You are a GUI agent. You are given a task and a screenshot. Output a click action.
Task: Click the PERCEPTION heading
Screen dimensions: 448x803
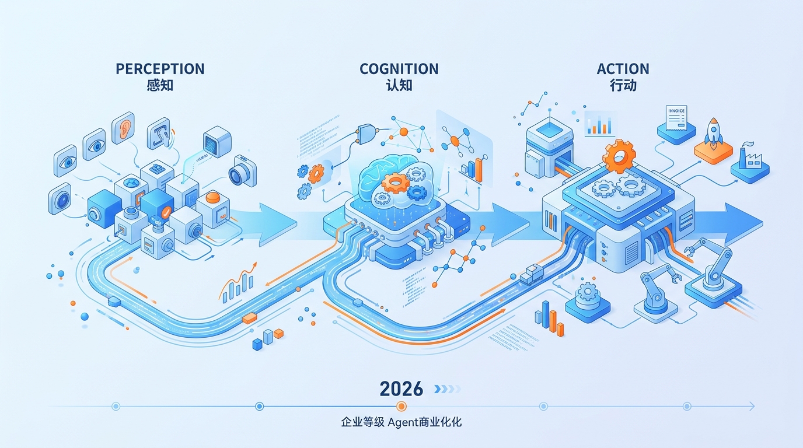pos(160,69)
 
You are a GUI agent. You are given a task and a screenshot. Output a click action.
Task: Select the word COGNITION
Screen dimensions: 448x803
pos(399,69)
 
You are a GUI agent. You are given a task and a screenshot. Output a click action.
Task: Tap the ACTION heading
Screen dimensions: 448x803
pos(623,69)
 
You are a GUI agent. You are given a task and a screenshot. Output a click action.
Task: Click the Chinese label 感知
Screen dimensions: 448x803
pos(160,85)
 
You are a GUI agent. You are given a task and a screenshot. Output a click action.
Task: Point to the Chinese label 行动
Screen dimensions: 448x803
pos(623,85)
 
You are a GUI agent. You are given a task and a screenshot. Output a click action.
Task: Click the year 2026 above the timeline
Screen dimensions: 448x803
pos(401,389)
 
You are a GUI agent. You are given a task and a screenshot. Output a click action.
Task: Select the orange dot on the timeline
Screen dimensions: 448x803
pos(401,406)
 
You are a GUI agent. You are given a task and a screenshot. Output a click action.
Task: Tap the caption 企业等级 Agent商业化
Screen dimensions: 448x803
pos(401,422)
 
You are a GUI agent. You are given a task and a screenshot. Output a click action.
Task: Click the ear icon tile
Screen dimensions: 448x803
pos(123,129)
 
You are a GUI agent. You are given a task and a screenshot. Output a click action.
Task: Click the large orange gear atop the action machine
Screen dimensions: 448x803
pos(619,156)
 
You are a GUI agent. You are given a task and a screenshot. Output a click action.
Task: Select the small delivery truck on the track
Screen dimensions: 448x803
pos(530,274)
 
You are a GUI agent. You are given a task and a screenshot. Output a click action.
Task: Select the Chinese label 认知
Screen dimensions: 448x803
pos(399,85)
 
